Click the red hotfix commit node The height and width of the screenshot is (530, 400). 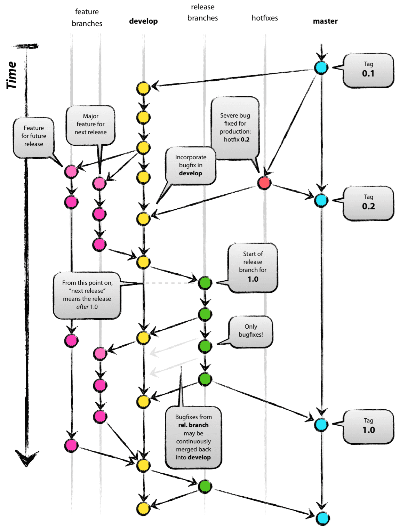tap(264, 182)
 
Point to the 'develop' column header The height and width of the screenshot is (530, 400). tap(143, 21)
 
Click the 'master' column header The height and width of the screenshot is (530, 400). tap(325, 21)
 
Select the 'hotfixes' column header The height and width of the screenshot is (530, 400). tap(265, 18)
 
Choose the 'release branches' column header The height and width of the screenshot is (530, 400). tap(202, 13)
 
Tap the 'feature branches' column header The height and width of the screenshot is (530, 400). tap(87, 17)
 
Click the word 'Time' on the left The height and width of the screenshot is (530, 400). tap(11, 75)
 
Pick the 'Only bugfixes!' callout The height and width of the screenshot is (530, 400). tap(251, 331)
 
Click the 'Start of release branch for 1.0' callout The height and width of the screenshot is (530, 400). tap(253, 266)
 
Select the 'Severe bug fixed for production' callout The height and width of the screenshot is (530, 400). tap(235, 128)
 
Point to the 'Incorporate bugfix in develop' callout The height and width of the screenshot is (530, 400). tap(191, 165)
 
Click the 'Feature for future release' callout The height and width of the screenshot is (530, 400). tap(34, 136)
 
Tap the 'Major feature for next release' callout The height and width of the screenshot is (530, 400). tap(90, 125)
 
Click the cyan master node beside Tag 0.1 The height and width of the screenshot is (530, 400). tap(321, 67)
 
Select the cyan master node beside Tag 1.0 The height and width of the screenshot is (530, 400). tap(321, 425)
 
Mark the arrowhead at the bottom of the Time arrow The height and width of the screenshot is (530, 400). tap(27, 458)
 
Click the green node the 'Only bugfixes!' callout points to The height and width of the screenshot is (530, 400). tap(205, 346)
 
